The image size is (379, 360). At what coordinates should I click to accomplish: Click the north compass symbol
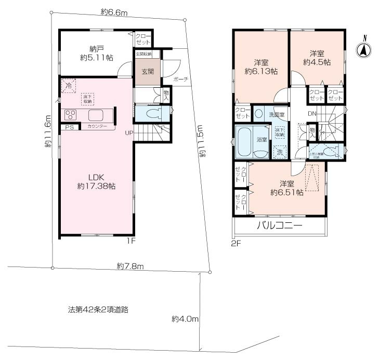tap(364, 50)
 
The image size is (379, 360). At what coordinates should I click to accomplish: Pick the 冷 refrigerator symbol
tap(68, 85)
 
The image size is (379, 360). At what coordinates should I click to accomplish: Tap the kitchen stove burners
tap(71, 115)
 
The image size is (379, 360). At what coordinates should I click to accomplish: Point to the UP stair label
tap(128, 132)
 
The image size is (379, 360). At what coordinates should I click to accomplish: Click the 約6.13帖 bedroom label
tap(260, 66)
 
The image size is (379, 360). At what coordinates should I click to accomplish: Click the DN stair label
tap(312, 114)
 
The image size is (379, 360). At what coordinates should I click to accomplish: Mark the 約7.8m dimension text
tap(130, 266)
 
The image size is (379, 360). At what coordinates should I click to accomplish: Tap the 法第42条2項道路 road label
tap(98, 309)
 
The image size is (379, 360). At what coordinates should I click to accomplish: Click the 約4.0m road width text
tap(185, 318)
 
